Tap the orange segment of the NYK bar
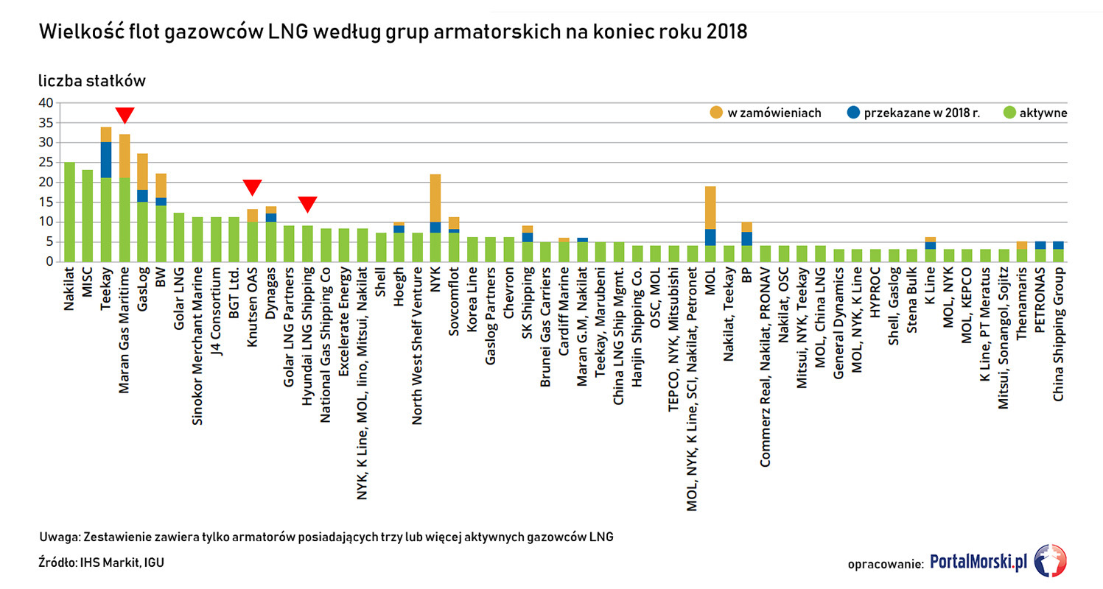point(435,199)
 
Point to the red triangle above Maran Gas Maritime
point(125,115)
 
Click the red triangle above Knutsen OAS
point(252,187)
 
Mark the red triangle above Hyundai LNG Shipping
point(307,204)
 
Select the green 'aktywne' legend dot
point(1009,113)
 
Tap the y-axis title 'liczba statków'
point(92,81)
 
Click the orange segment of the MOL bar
point(711,208)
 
